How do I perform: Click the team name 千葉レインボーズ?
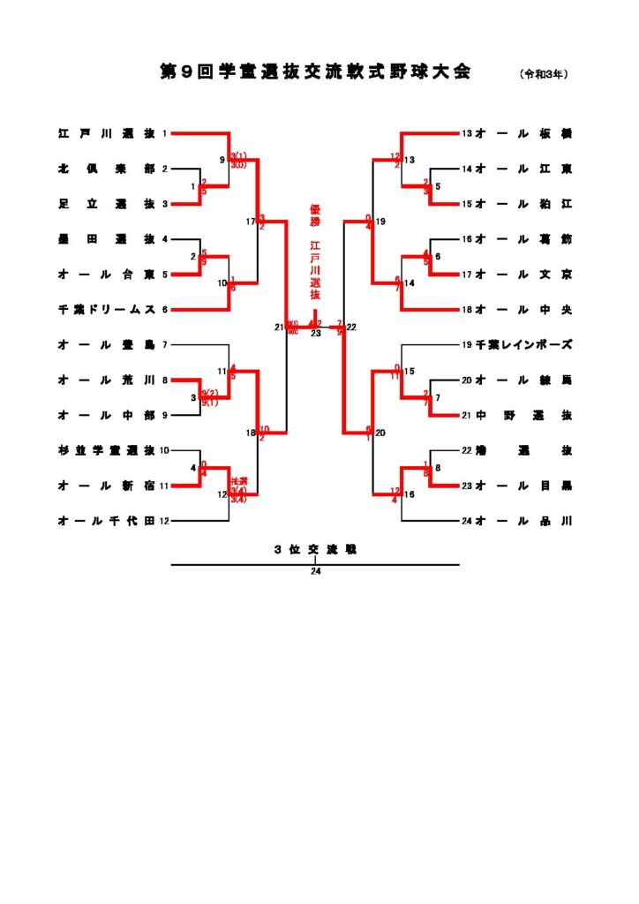[x=523, y=344]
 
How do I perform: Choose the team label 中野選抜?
[x=523, y=415]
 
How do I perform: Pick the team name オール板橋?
[x=523, y=133]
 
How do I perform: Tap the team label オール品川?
[x=523, y=521]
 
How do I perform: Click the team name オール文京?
[x=523, y=275]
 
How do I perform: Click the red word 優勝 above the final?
[x=315, y=216]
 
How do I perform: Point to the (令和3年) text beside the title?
[x=544, y=74]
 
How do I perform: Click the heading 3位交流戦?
[x=315, y=549]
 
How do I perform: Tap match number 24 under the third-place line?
[x=315, y=571]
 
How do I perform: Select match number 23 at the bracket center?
[x=315, y=334]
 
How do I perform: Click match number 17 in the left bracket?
[x=251, y=222]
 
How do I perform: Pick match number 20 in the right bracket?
[x=381, y=433]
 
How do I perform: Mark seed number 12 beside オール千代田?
[x=164, y=521]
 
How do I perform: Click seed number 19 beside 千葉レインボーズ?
[x=467, y=344]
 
